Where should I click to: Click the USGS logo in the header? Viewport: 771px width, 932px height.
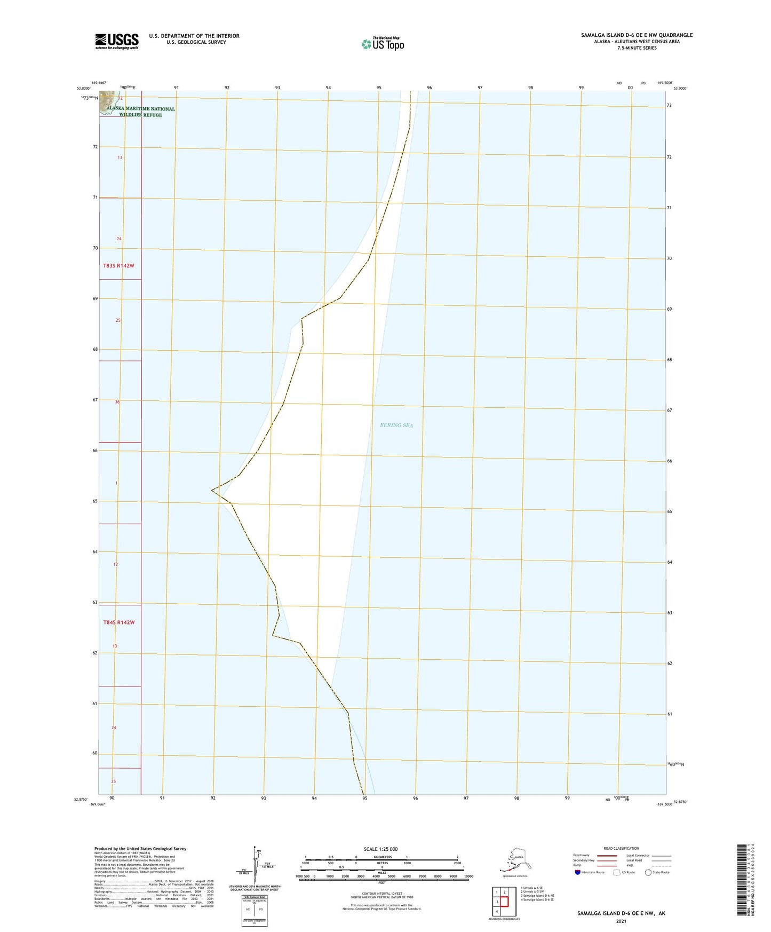coord(116,41)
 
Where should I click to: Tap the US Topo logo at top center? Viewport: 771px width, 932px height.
coord(382,43)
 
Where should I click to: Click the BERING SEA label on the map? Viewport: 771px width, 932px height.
coord(396,425)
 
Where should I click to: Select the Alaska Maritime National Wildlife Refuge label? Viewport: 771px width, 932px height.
coord(140,112)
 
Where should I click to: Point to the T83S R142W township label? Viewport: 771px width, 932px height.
coord(118,265)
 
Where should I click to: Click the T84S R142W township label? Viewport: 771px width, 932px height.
coord(118,622)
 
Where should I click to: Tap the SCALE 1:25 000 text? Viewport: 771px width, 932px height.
coord(380,849)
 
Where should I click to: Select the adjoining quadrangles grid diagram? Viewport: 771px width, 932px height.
coord(500,901)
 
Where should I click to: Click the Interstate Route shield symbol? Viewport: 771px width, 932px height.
coord(578,872)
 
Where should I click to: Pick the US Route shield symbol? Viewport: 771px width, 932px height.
coord(617,872)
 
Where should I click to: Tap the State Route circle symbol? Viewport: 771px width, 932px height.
coord(648,872)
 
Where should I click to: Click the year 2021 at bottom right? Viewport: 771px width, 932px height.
coord(621,921)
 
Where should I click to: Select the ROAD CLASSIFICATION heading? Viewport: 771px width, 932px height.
coord(621,848)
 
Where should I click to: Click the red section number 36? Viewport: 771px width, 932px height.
coord(117,402)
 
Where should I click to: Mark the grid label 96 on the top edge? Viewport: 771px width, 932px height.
coord(430,88)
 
